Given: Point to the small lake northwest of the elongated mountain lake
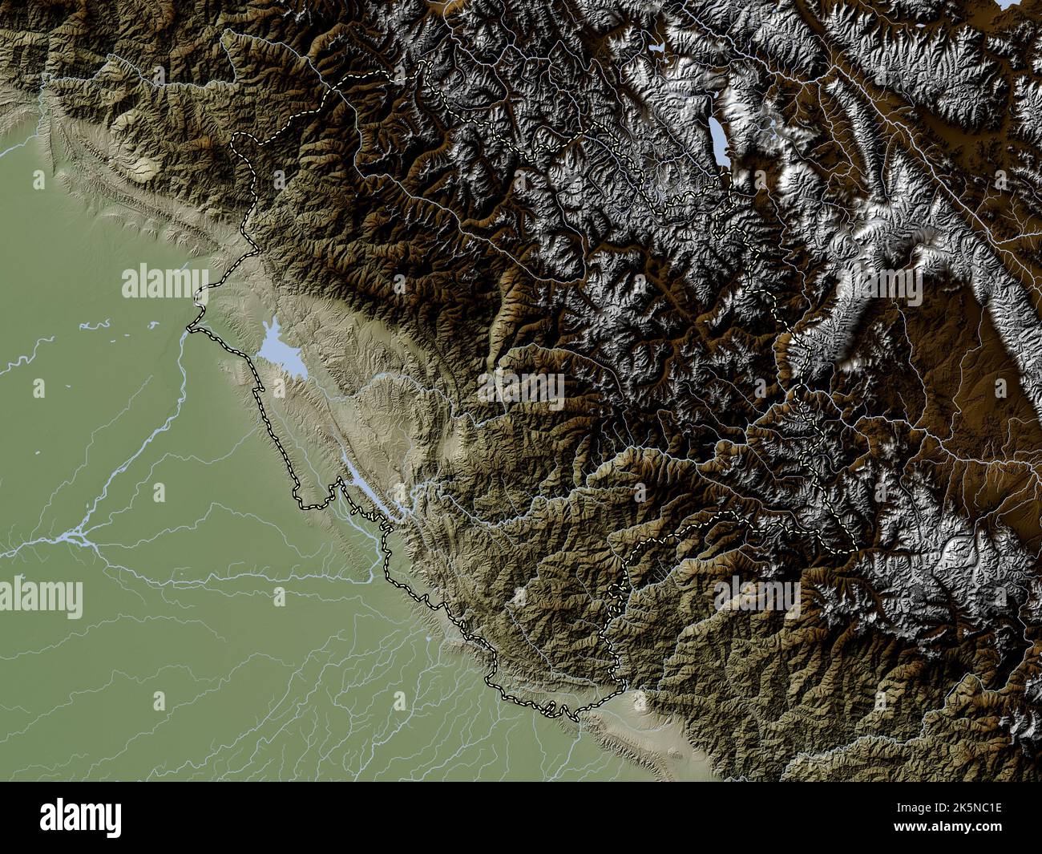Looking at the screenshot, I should tap(659, 49).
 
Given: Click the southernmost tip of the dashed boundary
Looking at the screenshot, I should tap(576, 719).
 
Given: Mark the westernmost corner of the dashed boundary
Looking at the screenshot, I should tap(189, 326).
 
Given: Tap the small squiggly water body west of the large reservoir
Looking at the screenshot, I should tap(96, 325).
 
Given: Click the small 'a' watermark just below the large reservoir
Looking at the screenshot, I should tap(280, 390).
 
